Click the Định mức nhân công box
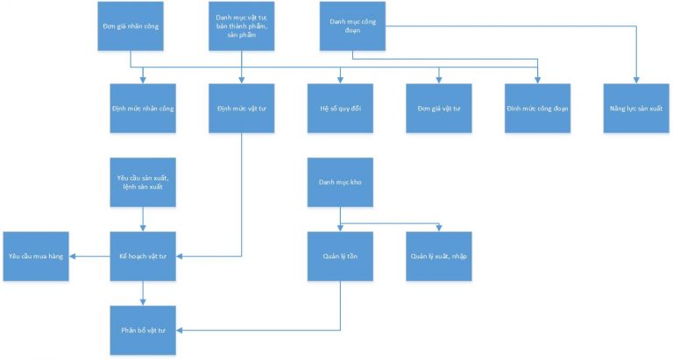(143, 107)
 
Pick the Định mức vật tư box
(241, 107)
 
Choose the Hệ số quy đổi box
(340, 107)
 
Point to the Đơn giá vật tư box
(438, 107)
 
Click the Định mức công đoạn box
(537, 107)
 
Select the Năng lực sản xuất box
(635, 107)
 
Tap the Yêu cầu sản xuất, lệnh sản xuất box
(143, 182)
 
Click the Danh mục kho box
(340, 182)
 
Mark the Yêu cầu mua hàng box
(36, 256)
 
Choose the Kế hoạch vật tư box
(143, 256)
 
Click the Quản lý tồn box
(340, 256)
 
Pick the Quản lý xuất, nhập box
(438, 256)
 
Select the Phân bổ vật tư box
(143, 330)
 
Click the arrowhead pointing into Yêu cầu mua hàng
(73, 256)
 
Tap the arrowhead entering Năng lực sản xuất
(635, 80)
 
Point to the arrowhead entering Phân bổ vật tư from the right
(180, 330)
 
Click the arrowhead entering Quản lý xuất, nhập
(438, 229)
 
